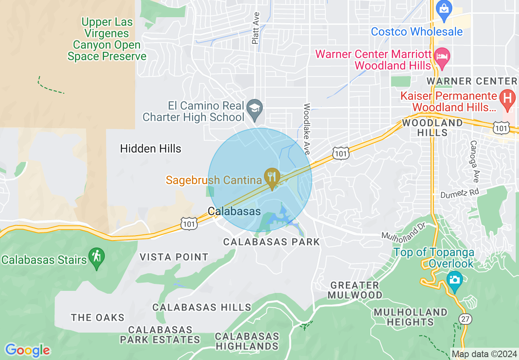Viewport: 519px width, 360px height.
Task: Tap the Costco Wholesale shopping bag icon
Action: coord(443,8)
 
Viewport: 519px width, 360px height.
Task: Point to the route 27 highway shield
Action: coord(465,319)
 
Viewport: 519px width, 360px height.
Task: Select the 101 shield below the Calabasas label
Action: coord(190,223)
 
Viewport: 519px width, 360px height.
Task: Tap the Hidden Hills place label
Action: coord(151,148)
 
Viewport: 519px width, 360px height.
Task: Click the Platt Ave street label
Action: coord(256,28)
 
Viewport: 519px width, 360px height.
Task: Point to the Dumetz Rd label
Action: coord(459,193)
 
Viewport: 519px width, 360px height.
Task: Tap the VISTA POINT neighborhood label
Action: coord(174,257)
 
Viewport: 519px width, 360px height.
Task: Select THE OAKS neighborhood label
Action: coord(97,317)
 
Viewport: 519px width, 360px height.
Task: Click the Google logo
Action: coord(27,350)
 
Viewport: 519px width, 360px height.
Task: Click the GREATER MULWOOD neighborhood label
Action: coord(354,290)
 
